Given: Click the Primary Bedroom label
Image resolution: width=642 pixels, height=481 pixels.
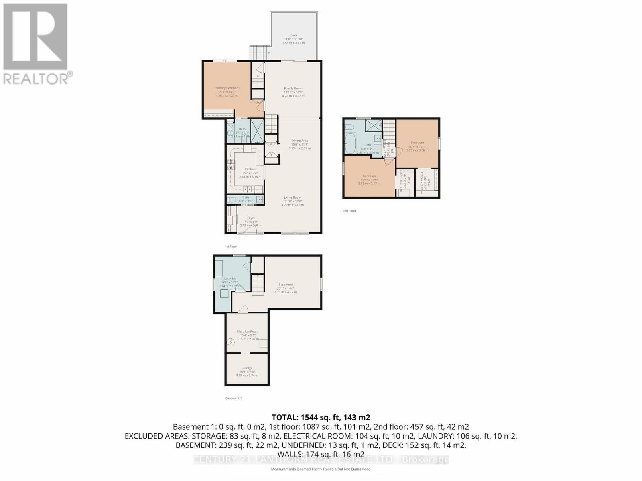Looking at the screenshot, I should [x=227, y=88].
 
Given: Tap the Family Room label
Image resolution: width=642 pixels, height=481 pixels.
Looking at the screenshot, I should [x=293, y=89].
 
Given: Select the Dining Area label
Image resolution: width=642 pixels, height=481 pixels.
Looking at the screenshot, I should [x=299, y=141].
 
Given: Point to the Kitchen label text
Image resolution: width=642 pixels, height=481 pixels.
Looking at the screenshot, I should [x=250, y=169].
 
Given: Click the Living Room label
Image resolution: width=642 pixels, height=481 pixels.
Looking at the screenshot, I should [x=293, y=198].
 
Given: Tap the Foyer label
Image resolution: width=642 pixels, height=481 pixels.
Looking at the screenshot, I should [x=251, y=218].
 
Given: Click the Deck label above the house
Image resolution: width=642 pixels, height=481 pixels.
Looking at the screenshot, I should [x=293, y=35].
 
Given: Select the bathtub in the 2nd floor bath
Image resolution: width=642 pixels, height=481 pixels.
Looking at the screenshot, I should [x=349, y=142].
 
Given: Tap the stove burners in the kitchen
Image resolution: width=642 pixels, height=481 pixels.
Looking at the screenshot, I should [x=232, y=165].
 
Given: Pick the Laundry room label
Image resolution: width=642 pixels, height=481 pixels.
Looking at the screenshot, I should [x=230, y=279].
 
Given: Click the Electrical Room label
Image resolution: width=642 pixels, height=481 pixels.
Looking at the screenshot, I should [x=248, y=331].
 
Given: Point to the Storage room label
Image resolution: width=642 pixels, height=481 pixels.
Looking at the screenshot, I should [x=247, y=368].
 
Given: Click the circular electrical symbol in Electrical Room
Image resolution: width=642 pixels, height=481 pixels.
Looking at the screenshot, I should [x=231, y=342].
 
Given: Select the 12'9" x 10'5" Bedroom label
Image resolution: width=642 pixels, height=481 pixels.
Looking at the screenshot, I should [x=369, y=176].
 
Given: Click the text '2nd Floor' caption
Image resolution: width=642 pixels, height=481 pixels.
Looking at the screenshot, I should [x=349, y=211].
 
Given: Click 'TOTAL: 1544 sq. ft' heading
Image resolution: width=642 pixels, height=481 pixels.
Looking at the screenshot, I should [x=321, y=417].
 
